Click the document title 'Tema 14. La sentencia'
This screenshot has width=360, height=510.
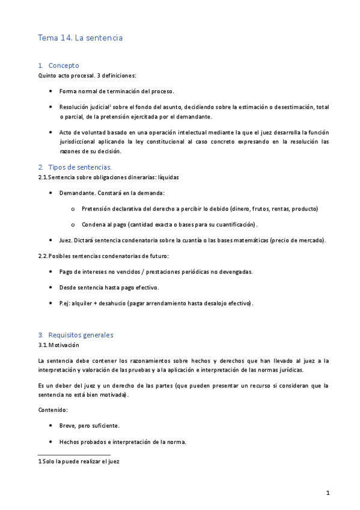80,37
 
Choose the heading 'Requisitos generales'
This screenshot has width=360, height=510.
81,334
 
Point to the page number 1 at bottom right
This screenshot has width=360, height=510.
328,493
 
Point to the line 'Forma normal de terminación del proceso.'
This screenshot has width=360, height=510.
117,91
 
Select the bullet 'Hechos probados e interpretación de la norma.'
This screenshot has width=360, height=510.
123,441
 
